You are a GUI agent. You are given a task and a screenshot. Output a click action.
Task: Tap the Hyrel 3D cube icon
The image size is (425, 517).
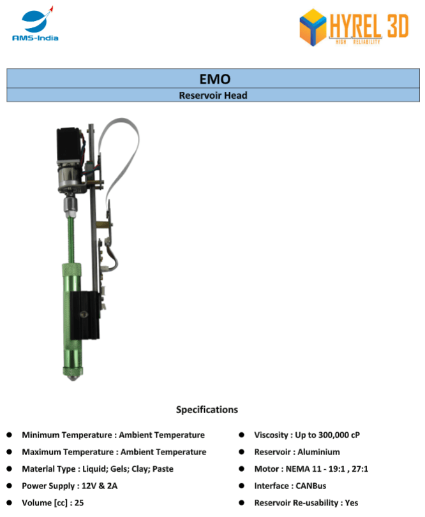(x=313, y=27)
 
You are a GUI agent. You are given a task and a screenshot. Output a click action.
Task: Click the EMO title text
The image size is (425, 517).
(x=215, y=79)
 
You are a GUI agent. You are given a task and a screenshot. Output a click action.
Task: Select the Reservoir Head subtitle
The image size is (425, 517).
(x=213, y=95)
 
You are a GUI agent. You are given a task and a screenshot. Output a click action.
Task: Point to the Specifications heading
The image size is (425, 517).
(x=207, y=409)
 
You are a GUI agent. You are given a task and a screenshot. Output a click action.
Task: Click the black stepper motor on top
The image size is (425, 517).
(x=69, y=145)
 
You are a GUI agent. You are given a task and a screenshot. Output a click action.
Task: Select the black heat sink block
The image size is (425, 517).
(x=85, y=316)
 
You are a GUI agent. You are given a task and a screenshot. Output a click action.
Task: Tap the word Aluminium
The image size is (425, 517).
(x=318, y=452)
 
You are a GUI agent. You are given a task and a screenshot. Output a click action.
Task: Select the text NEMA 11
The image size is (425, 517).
(x=304, y=469)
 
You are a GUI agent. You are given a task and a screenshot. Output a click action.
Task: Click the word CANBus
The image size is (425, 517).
(x=311, y=486)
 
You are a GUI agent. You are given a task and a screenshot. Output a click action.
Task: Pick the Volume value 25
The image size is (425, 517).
(x=79, y=503)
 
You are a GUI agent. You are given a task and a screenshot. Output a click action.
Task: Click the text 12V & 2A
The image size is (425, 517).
(x=100, y=486)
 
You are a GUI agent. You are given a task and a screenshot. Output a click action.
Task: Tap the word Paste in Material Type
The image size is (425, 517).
(x=163, y=469)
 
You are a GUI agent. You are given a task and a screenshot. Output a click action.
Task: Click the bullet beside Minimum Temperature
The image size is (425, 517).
(x=9, y=435)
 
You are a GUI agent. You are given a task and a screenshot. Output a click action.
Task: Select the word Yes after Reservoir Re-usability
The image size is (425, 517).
(x=352, y=503)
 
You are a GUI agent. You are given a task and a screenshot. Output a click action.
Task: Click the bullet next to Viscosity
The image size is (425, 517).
(x=242, y=435)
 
